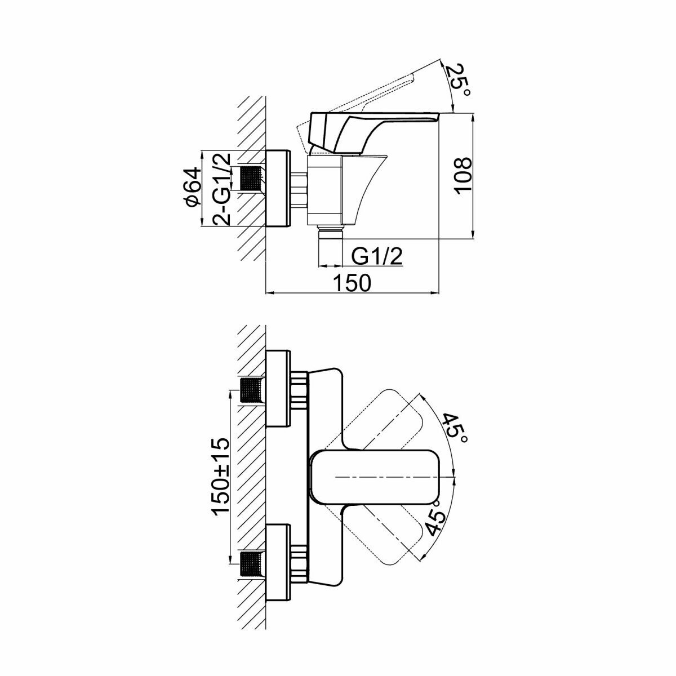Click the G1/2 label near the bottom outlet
click(377, 257)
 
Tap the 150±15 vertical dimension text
click(220, 476)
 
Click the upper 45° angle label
click(453, 428)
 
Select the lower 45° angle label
click(437, 521)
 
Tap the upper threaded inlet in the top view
click(252, 390)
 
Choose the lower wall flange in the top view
click(278, 563)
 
